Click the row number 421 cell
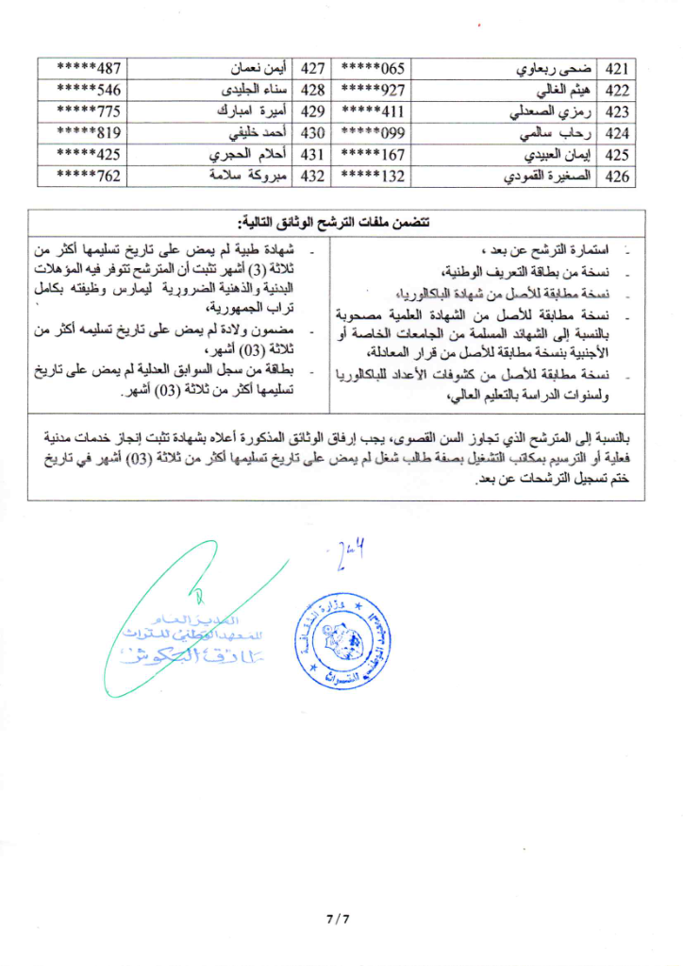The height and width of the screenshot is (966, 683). (617, 70)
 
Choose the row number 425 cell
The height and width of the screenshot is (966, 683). (617, 154)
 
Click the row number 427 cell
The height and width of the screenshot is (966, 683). (312, 70)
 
